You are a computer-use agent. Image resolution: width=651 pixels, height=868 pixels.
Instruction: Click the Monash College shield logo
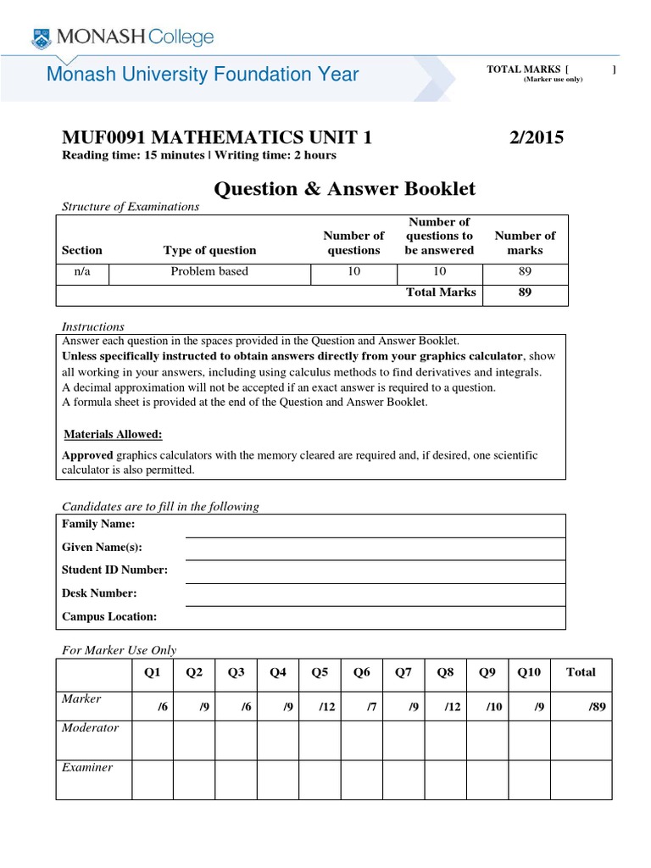point(41,36)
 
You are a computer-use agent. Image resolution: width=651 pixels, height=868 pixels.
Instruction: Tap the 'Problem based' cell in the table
point(209,271)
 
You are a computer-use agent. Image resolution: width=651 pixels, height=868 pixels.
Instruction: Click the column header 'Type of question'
point(209,250)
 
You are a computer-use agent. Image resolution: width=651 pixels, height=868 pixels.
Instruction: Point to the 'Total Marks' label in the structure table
point(442,292)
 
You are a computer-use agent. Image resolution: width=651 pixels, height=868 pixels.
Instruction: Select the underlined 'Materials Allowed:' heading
point(114,434)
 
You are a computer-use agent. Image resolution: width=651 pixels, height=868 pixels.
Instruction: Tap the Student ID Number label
point(114,570)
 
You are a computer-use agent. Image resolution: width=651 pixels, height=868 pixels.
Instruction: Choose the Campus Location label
point(109,616)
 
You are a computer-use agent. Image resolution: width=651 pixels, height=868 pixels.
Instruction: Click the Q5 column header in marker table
point(320,672)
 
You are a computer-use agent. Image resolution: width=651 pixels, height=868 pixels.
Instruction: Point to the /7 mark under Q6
point(364,706)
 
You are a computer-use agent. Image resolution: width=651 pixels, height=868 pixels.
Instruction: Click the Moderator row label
point(91,728)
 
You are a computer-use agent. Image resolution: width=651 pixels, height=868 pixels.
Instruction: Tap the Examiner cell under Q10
point(529,779)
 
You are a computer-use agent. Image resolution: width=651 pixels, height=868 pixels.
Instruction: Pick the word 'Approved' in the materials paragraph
point(87,455)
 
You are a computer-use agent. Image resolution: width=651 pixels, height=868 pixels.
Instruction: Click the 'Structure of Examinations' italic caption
point(131,206)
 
